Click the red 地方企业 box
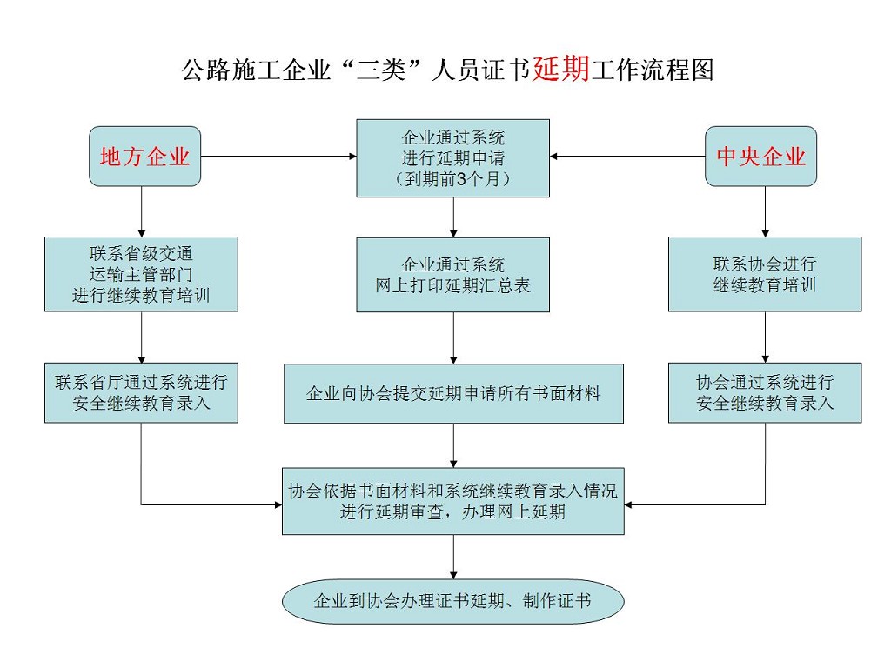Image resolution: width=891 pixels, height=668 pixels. [145, 157]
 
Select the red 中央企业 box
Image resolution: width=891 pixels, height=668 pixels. [761, 157]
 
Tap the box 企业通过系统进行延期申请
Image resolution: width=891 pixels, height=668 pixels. [453, 157]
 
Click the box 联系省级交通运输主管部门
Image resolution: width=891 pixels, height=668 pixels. [141, 274]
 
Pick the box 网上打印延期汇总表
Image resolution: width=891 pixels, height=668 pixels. [453, 274]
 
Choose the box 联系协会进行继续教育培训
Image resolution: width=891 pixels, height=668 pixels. [765, 274]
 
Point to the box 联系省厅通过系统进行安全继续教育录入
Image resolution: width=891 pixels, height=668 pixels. [141, 393]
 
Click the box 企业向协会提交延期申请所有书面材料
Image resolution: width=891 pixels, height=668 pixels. [453, 394]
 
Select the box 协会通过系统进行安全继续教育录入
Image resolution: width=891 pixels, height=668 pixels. [765, 393]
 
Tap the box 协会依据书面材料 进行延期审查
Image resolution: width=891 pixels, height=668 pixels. [453, 501]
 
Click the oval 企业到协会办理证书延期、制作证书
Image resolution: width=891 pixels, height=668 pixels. [453, 601]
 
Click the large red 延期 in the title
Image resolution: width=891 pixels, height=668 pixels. [561, 69]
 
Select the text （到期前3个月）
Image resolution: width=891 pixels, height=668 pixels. [453, 178]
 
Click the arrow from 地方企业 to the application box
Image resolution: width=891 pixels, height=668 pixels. [278, 157]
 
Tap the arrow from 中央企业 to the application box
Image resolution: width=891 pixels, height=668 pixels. [626, 157]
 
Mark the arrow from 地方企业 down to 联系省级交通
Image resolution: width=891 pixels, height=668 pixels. [141, 211]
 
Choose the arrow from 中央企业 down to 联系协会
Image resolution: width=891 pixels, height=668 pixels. [765, 211]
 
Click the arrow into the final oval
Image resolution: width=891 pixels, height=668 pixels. [453, 557]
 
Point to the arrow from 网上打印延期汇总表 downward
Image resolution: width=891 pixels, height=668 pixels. [453, 337]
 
